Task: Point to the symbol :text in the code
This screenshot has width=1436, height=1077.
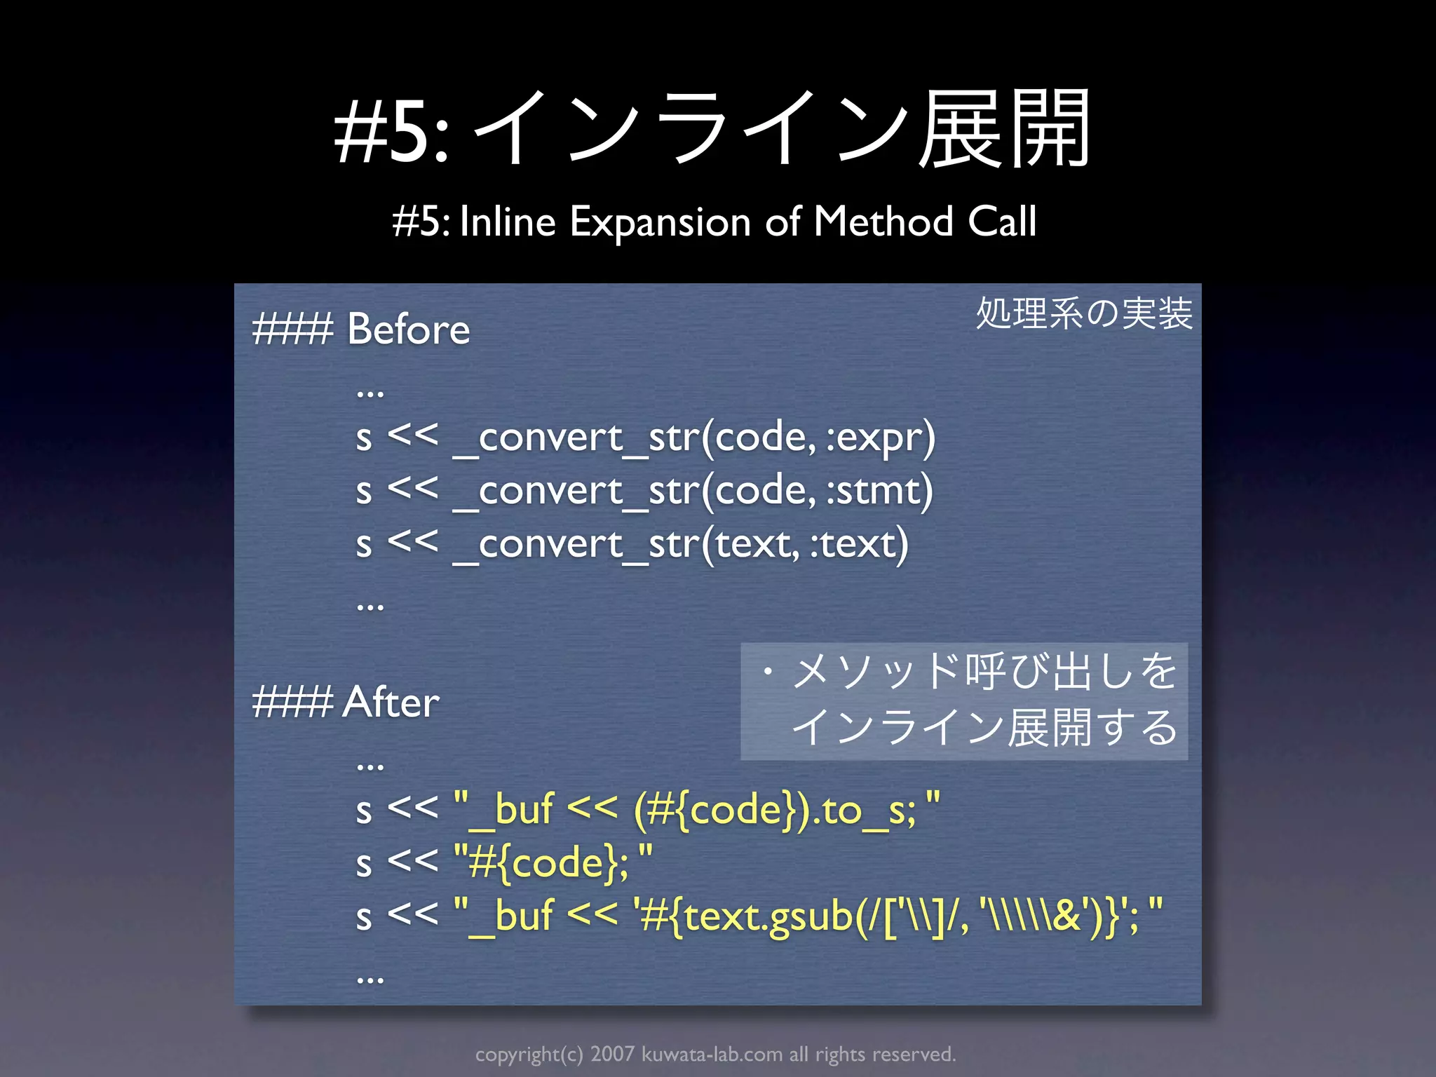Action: coord(859,543)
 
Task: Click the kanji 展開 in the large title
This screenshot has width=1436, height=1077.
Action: coord(1004,130)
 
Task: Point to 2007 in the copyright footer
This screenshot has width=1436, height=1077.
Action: coord(612,1054)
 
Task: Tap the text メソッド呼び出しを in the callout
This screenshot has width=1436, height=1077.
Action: coord(984,671)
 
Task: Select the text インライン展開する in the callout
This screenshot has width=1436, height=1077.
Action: coord(984,727)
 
